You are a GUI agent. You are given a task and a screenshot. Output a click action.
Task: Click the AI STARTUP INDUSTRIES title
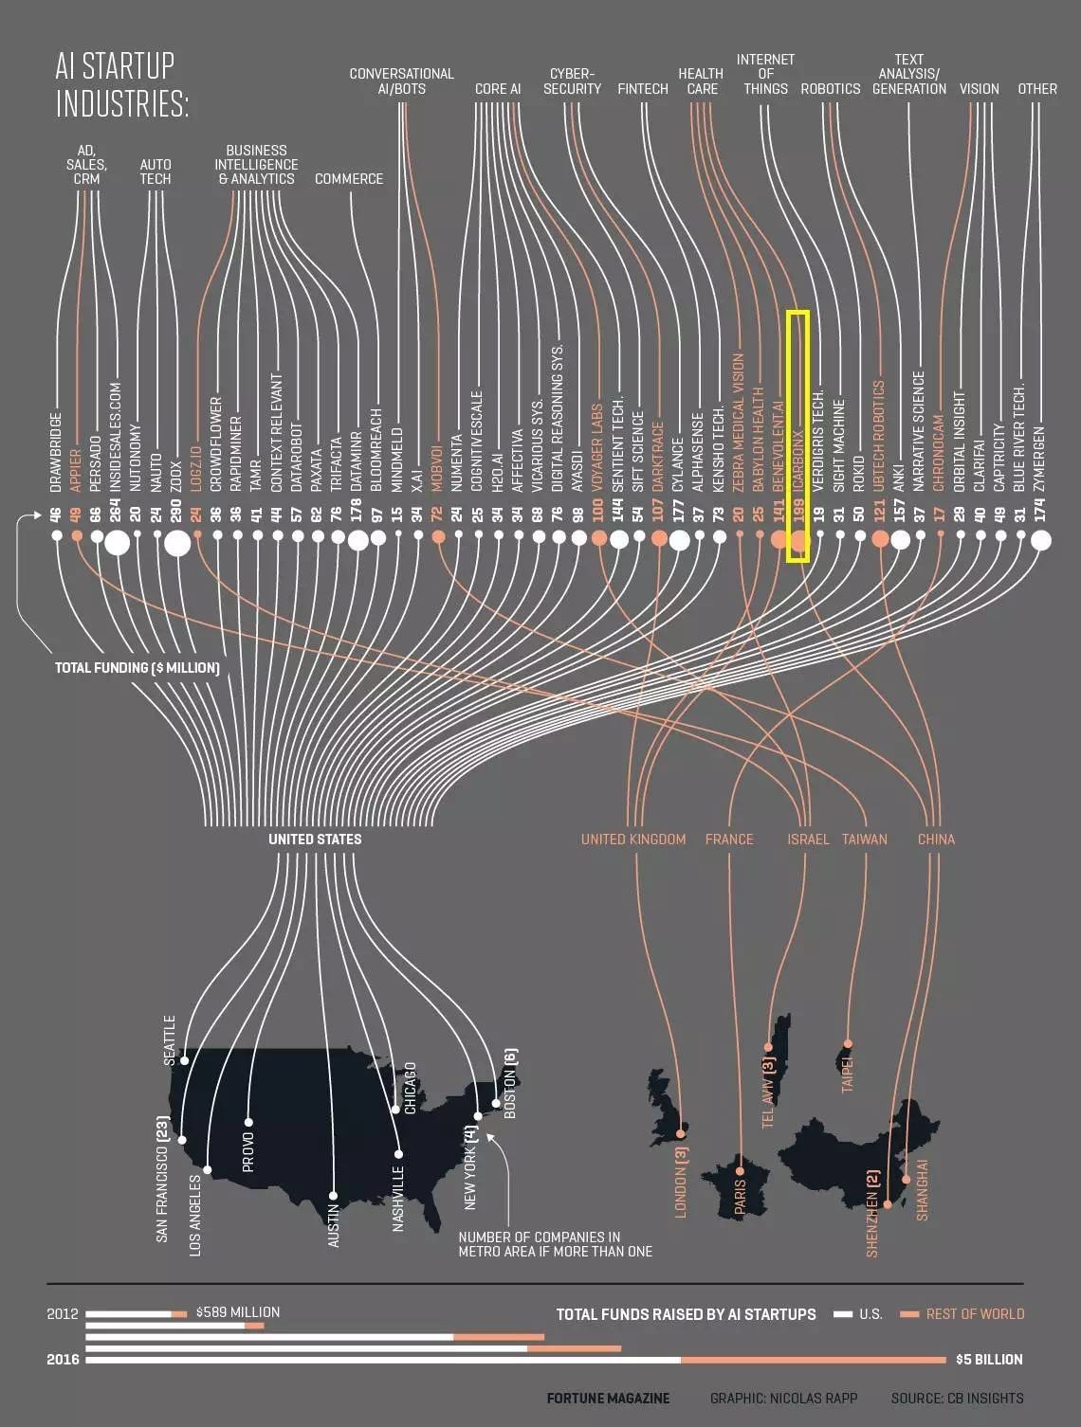(121, 84)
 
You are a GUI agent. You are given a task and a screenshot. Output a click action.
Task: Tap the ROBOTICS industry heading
(830, 89)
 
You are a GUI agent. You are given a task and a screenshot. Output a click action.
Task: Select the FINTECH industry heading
(642, 89)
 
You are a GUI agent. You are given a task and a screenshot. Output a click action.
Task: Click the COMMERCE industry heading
(348, 178)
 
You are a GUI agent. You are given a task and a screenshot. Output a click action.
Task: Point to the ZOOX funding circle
(177, 543)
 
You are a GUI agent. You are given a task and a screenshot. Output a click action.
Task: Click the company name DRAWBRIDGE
(56, 452)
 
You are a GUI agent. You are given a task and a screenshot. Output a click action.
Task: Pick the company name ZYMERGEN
(1040, 459)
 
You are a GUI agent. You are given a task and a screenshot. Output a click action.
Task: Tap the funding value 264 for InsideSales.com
(116, 515)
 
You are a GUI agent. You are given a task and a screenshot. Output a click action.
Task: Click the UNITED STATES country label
(315, 840)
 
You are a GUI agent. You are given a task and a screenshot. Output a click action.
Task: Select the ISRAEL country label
(808, 840)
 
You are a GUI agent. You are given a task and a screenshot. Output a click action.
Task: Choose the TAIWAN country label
(864, 840)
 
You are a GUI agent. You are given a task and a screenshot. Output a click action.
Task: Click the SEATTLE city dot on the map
(185, 1060)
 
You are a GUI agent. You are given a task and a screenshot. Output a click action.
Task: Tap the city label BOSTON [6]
(510, 1083)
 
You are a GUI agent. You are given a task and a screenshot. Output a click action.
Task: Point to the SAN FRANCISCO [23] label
(162, 1179)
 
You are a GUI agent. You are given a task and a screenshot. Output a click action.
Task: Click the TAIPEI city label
(848, 1072)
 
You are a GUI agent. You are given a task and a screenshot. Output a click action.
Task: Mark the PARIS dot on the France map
(742, 1158)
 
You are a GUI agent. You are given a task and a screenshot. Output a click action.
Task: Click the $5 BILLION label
(988, 1360)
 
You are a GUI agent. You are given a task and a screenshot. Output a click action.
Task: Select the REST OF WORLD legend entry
(975, 1314)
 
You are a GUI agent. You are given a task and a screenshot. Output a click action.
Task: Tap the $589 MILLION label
(237, 1312)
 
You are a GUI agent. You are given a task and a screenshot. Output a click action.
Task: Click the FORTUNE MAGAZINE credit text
(608, 1399)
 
